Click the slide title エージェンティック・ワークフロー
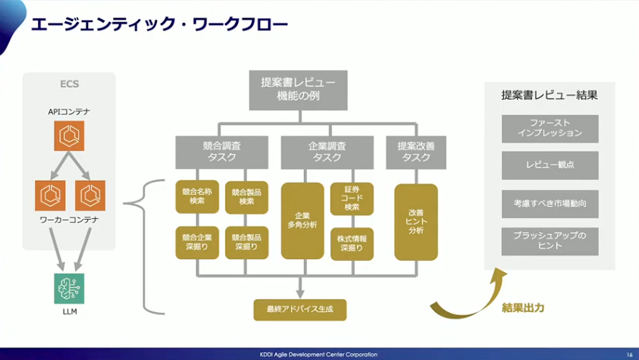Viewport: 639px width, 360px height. (158, 24)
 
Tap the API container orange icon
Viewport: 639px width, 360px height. (69, 136)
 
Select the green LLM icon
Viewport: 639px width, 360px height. (69, 289)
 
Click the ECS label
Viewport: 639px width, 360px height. (69, 83)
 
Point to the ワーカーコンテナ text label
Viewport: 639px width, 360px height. (69, 219)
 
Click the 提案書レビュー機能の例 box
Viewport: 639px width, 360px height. (299, 89)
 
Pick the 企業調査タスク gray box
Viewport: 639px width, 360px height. (327, 152)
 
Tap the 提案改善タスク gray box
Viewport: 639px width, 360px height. (416, 152)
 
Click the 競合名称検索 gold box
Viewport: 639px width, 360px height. (198, 196)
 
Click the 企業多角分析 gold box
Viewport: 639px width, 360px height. (302, 220)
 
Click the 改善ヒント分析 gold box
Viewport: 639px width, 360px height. (415, 221)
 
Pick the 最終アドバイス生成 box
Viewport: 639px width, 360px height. (300, 308)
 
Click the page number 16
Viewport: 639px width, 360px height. (629, 354)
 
